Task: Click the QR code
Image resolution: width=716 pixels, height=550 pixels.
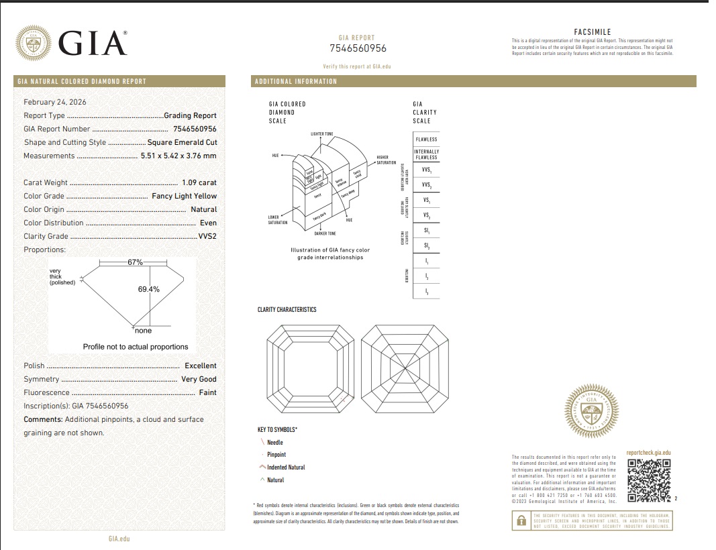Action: point(649,481)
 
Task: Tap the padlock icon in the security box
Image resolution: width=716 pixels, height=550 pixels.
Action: point(520,520)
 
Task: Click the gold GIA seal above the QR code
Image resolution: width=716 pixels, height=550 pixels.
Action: point(591,410)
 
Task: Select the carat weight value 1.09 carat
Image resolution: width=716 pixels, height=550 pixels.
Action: point(199,182)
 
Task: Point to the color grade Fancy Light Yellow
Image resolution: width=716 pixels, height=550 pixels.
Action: point(185,196)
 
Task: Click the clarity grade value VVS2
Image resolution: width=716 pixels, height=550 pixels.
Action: point(207,236)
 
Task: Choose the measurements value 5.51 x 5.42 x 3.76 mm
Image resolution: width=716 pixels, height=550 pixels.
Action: point(178,156)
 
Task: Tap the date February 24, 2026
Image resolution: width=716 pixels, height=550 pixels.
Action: point(55,102)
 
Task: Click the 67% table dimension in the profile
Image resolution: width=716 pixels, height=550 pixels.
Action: point(135,262)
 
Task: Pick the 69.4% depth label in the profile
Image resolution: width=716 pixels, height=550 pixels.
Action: point(148,289)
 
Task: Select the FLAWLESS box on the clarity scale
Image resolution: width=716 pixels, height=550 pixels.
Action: point(426,140)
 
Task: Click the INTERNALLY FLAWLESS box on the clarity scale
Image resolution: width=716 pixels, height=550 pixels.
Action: point(426,154)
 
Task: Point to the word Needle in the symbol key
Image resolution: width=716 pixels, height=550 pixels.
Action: point(275,443)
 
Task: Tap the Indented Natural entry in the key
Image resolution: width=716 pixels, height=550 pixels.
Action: point(286,467)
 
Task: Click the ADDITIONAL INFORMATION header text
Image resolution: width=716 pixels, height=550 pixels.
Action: point(295,82)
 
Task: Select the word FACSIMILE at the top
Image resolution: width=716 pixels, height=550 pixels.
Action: point(592,32)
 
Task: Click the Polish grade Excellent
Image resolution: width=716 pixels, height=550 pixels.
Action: point(201,366)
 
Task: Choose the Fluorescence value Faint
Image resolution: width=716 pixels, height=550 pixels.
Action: point(207,392)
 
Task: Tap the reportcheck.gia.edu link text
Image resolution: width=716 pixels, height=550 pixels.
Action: point(648,453)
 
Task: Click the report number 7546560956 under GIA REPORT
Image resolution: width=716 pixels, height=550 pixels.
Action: point(358,48)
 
